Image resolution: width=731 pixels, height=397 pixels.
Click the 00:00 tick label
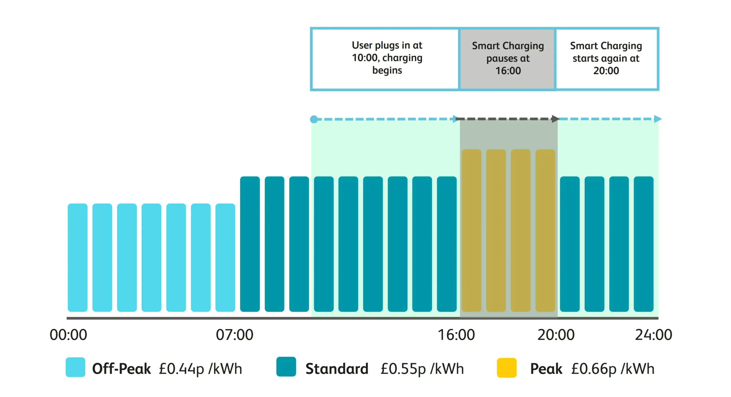tap(68, 334)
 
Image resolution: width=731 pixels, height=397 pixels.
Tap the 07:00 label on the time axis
tap(234, 334)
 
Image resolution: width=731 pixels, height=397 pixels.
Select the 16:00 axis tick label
tap(456, 334)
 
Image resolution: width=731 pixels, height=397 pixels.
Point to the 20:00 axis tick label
tap(556, 334)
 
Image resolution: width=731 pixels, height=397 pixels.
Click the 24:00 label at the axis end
tap(653, 334)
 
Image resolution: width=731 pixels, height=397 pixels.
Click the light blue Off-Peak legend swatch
tap(75, 367)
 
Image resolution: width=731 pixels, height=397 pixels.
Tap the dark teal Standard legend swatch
tap(286, 367)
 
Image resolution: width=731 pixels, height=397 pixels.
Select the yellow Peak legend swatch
tap(507, 368)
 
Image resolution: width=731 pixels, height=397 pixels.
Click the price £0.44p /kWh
tap(200, 368)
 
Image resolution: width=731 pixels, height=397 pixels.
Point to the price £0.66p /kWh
tap(613, 368)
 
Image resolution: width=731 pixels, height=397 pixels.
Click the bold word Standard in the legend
tap(337, 368)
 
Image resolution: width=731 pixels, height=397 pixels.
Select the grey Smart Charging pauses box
tap(508, 59)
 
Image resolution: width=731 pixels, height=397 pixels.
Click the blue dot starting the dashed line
tap(314, 119)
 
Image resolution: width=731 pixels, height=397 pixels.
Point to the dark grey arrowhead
tap(555, 119)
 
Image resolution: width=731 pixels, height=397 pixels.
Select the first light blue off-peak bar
tap(78, 257)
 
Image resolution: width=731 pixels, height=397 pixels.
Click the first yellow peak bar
tap(471, 230)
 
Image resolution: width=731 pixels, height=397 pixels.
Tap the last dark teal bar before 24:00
tap(644, 244)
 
